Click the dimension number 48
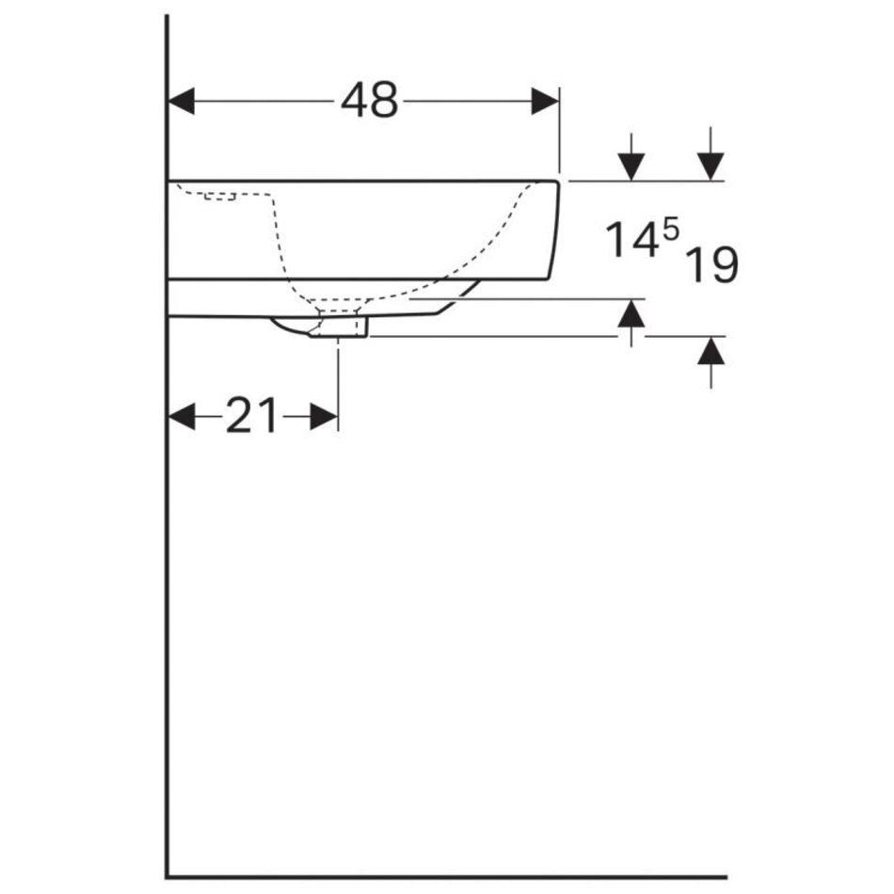coord(369,101)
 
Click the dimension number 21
coord(251,416)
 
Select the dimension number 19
coord(711,264)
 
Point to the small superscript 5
coord(671,230)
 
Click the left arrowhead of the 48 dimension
coord(182,101)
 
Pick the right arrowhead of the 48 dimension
coord(545,101)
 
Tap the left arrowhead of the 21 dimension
coord(182,416)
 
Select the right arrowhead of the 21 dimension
coord(324,416)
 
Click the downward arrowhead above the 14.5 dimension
coord(631,168)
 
